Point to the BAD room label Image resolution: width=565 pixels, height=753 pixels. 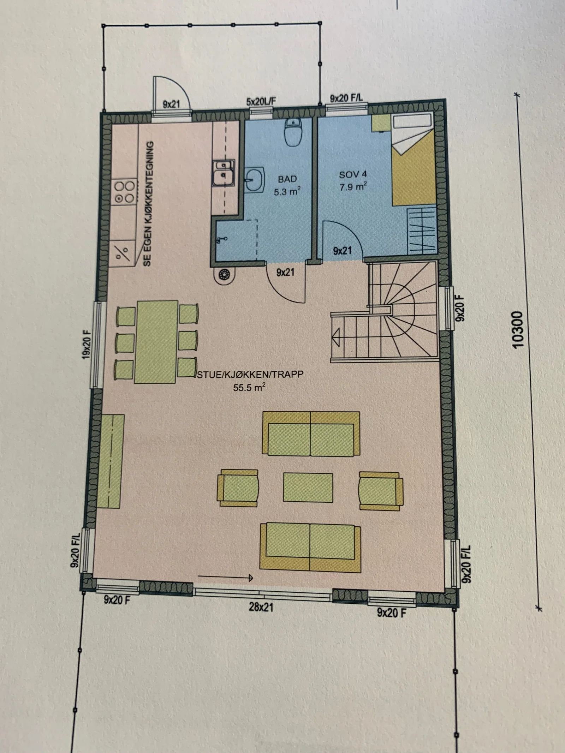287,179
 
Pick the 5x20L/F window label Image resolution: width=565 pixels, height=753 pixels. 261,102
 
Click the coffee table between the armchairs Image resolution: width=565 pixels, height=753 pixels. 308,487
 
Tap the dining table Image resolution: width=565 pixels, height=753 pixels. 156,342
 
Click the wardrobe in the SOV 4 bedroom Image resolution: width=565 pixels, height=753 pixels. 422,230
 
